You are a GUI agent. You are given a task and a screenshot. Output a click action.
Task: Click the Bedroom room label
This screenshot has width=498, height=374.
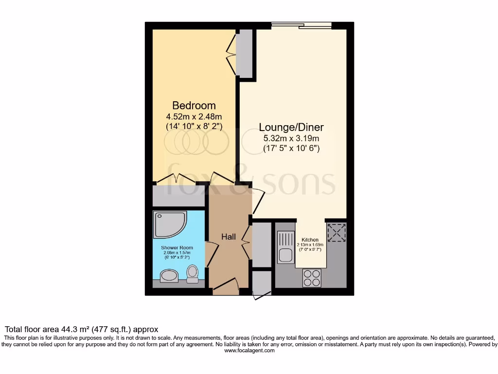[194, 106]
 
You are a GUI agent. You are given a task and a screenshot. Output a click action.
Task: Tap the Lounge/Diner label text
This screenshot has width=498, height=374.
[291, 128]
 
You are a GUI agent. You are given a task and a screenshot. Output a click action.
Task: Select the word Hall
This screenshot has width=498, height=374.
[229, 237]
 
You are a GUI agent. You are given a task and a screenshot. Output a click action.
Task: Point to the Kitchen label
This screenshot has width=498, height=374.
[310, 240]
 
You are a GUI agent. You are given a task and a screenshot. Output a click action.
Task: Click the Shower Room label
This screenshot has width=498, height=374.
[176, 247]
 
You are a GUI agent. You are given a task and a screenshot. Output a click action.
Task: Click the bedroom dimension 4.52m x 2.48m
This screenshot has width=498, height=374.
[194, 116]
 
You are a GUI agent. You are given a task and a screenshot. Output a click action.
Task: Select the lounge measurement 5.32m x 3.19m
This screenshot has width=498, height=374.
[291, 138]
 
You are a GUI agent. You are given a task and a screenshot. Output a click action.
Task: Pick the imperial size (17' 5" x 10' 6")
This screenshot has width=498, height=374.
[291, 148]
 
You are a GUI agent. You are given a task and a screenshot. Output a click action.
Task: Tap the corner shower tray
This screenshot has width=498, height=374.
[169, 224]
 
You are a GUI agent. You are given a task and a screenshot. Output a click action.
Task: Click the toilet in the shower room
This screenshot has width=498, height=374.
[193, 274]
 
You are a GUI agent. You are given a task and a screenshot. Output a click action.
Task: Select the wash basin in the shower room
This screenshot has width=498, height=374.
[169, 277]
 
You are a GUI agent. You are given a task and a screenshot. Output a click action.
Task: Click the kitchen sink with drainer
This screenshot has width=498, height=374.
[285, 247]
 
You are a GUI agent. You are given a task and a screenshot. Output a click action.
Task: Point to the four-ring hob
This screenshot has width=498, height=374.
[312, 277]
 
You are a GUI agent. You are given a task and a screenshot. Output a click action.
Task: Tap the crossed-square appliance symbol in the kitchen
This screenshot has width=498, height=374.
[337, 232]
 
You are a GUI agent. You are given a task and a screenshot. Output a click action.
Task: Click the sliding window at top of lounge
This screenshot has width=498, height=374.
[302, 25]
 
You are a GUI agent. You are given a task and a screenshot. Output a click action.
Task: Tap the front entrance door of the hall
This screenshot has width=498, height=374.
[226, 287]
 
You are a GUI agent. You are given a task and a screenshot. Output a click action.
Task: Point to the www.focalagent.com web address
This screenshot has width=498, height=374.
[249, 351]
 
